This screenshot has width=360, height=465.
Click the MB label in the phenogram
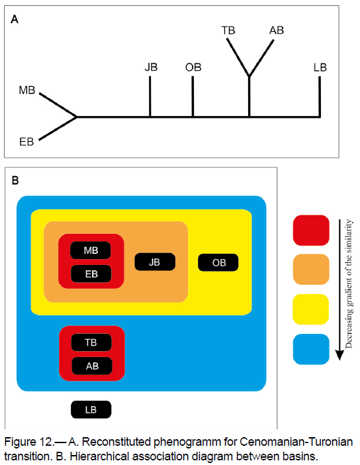coord(27,90)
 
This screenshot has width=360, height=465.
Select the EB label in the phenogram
coord(26,142)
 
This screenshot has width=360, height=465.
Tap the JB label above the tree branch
coord(151,68)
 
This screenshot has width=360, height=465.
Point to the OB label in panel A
coord(193,68)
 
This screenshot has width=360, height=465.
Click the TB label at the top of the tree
coord(228,30)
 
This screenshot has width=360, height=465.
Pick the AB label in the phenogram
coord(277,30)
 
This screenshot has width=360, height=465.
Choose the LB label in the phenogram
coord(320,68)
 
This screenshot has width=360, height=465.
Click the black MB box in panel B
coord(91,250)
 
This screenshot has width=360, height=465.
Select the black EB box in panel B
coord(91,274)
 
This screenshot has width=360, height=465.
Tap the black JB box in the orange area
coord(155,262)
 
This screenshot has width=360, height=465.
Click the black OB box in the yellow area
coord(218,262)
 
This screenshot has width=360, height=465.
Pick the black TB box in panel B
coord(91,342)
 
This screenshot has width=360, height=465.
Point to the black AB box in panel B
coord(92,366)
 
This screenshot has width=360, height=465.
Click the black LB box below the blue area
coord(91,409)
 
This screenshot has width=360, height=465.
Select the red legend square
coord(311,231)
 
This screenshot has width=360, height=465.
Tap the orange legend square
coord(311,270)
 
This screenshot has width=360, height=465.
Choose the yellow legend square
coord(311,309)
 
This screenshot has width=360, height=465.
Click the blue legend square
coord(311,349)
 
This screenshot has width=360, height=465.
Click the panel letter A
coord(15,20)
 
